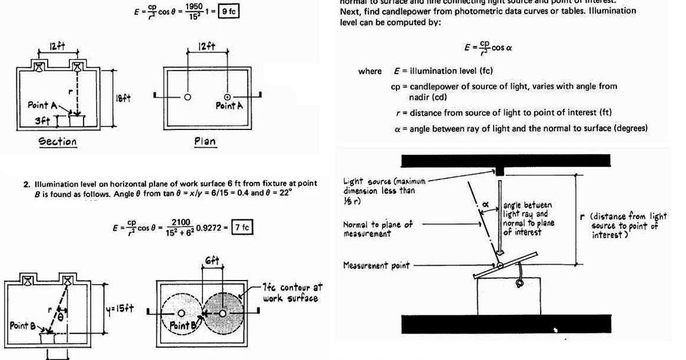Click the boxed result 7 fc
point(242,227)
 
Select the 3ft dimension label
point(39,121)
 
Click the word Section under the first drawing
point(58,141)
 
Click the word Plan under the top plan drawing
point(205,141)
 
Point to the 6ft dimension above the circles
point(212,261)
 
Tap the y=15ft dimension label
point(121,308)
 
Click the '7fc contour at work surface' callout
point(291,293)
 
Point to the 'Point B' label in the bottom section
point(24,325)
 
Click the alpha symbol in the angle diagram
point(486,204)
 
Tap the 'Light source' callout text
point(382,186)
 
